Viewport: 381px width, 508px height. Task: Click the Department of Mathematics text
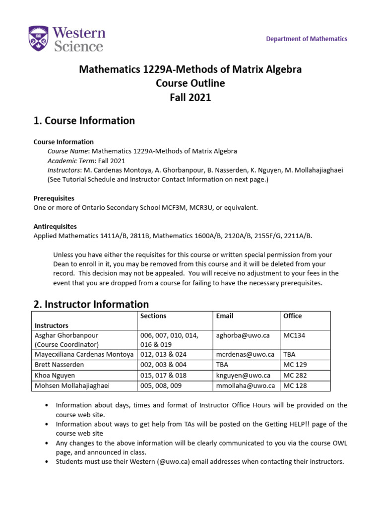tap(307, 39)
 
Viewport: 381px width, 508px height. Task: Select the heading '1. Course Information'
tap(84, 121)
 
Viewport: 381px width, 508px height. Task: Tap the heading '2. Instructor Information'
tap(91, 304)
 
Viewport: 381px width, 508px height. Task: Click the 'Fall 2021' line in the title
tap(190, 97)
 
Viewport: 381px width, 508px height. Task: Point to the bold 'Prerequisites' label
tap(54, 198)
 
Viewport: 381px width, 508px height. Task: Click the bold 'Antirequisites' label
tap(56, 226)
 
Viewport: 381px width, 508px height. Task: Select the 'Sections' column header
tap(153, 316)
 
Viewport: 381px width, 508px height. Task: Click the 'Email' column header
tap(225, 316)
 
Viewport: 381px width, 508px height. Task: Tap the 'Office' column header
tap(292, 316)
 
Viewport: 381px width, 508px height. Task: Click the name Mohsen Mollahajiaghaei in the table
tap(71, 385)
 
